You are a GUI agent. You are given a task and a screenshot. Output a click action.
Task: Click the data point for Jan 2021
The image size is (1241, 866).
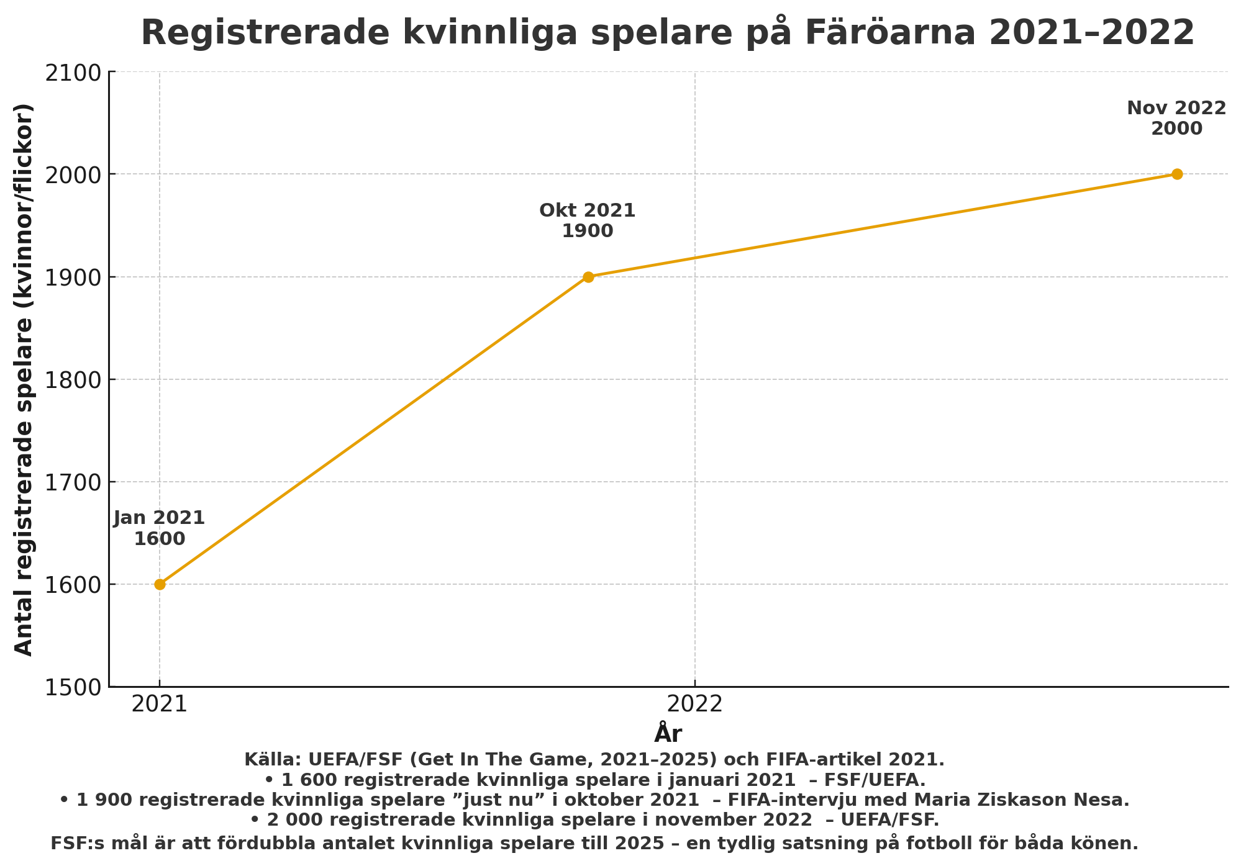(x=160, y=584)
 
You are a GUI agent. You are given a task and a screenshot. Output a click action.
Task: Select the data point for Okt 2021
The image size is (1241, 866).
(x=588, y=277)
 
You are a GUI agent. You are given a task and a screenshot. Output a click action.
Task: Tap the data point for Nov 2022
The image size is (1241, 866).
(x=1176, y=174)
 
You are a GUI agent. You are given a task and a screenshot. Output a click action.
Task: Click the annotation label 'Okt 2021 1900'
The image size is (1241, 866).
(x=587, y=221)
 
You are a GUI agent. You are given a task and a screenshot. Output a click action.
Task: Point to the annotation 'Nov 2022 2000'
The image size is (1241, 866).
(x=1176, y=119)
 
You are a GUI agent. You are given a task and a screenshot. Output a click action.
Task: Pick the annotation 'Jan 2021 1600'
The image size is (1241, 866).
(x=159, y=528)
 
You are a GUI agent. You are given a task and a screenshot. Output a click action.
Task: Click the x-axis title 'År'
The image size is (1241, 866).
(x=668, y=733)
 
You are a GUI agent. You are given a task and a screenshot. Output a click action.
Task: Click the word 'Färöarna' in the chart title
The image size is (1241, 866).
(x=891, y=33)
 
